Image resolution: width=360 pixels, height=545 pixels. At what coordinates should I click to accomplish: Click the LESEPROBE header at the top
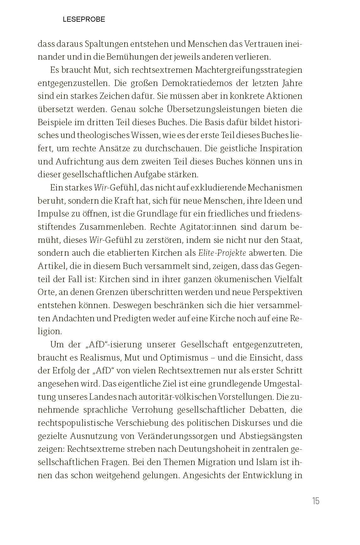click(x=84, y=19)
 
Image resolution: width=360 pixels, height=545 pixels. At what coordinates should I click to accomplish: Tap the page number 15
click(x=315, y=501)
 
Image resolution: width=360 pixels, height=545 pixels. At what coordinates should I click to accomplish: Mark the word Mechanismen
click(x=275, y=188)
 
